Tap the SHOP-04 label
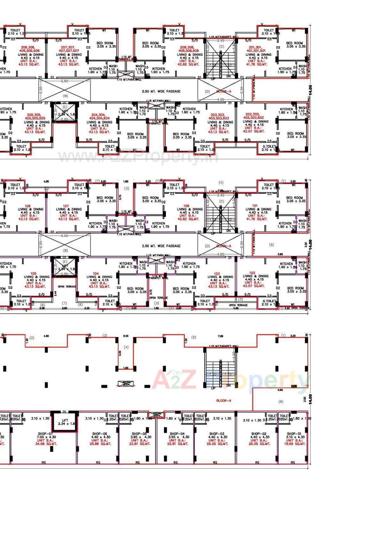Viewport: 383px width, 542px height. click(x=176, y=434)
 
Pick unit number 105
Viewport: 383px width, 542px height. click(x=33, y=273)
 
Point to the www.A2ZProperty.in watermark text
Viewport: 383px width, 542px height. click(x=138, y=156)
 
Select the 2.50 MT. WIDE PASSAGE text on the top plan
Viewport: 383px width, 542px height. click(x=161, y=91)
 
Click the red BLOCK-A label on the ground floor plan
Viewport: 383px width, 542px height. click(x=223, y=400)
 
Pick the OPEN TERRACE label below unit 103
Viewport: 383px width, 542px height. click(x=238, y=305)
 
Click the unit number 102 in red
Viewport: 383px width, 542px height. click(x=252, y=273)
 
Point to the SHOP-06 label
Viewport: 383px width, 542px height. click(x=99, y=434)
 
